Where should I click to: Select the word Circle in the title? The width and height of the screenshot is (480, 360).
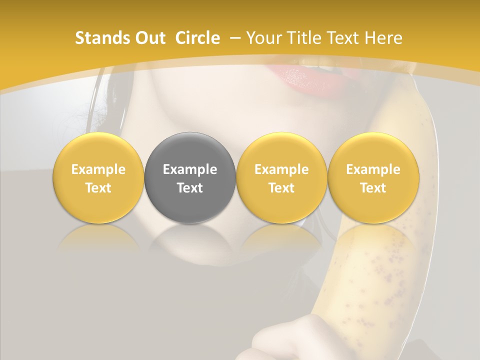197,38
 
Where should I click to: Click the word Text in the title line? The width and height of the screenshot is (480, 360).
344,38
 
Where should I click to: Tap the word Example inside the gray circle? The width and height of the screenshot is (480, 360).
190,169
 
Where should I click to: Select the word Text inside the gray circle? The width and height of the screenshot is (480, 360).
190,188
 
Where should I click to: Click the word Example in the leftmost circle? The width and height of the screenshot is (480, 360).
98,169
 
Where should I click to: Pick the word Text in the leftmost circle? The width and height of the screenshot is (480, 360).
98,188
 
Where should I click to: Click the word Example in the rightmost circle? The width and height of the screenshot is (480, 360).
373,169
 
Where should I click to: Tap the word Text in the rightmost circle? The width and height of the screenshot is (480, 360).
373,188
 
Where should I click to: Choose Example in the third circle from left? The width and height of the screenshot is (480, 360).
281,169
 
